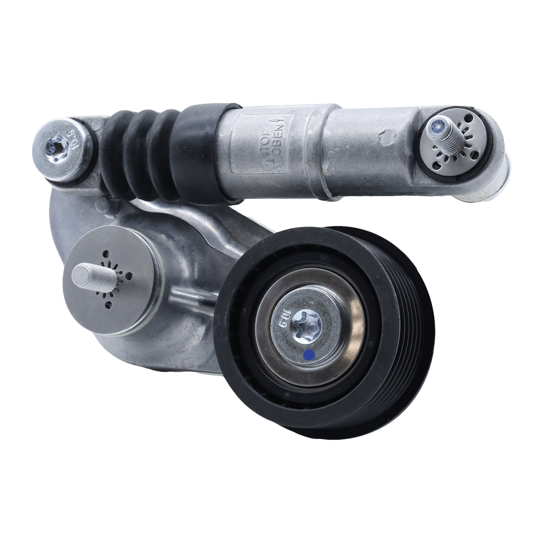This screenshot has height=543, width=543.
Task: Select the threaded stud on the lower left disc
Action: (x=87, y=275)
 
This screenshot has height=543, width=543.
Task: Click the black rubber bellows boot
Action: (x=141, y=157)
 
